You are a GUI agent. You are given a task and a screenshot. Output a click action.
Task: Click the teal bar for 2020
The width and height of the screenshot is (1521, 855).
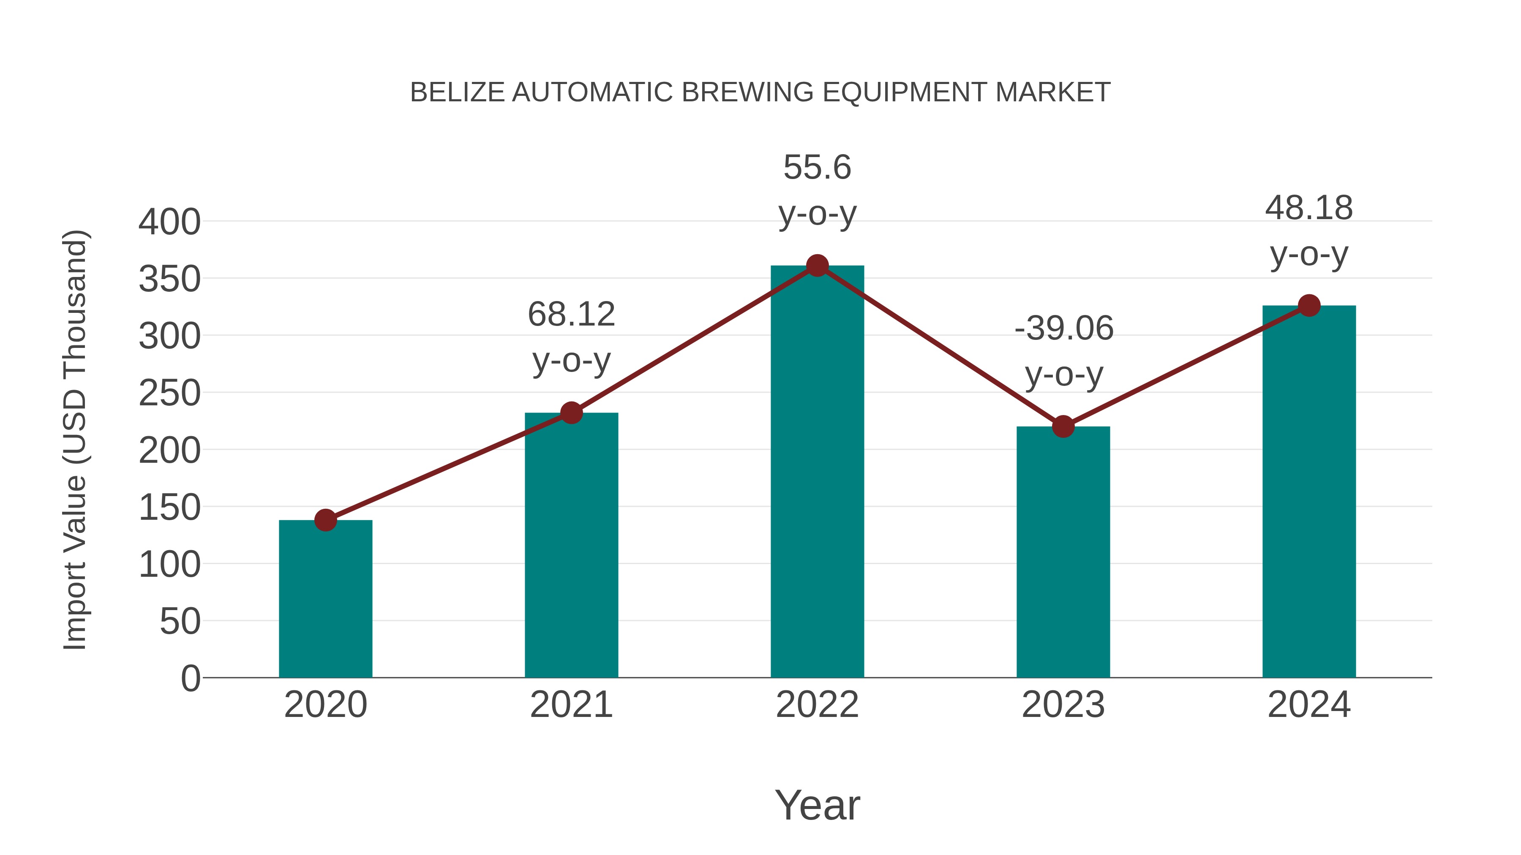click(325, 598)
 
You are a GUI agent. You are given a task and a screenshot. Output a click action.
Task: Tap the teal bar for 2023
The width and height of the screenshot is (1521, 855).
click(1063, 552)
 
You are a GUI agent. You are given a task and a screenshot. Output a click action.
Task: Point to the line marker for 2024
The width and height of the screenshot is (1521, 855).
click(1309, 306)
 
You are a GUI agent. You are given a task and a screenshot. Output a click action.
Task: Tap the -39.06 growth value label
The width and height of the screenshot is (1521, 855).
click(1064, 328)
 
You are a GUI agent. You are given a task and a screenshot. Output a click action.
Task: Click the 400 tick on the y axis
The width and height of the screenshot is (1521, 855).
click(169, 223)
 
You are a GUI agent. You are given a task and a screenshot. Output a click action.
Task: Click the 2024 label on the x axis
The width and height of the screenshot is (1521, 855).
click(1309, 705)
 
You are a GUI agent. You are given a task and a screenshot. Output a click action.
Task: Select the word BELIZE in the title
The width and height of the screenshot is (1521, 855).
click(458, 92)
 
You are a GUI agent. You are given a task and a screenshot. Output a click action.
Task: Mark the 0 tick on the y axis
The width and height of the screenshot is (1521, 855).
click(191, 678)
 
